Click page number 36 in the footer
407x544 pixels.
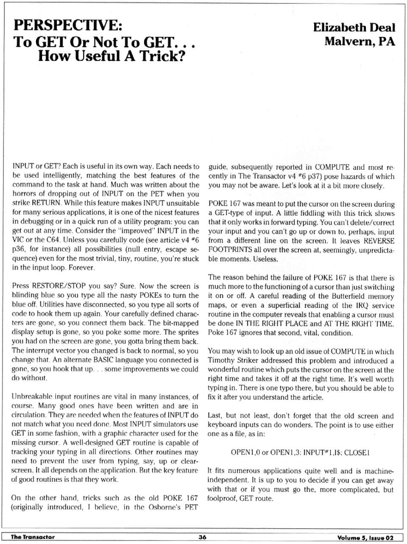pos(202,537)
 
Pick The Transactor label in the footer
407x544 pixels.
pos(33,537)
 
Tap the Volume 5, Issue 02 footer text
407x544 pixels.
pos(365,538)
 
